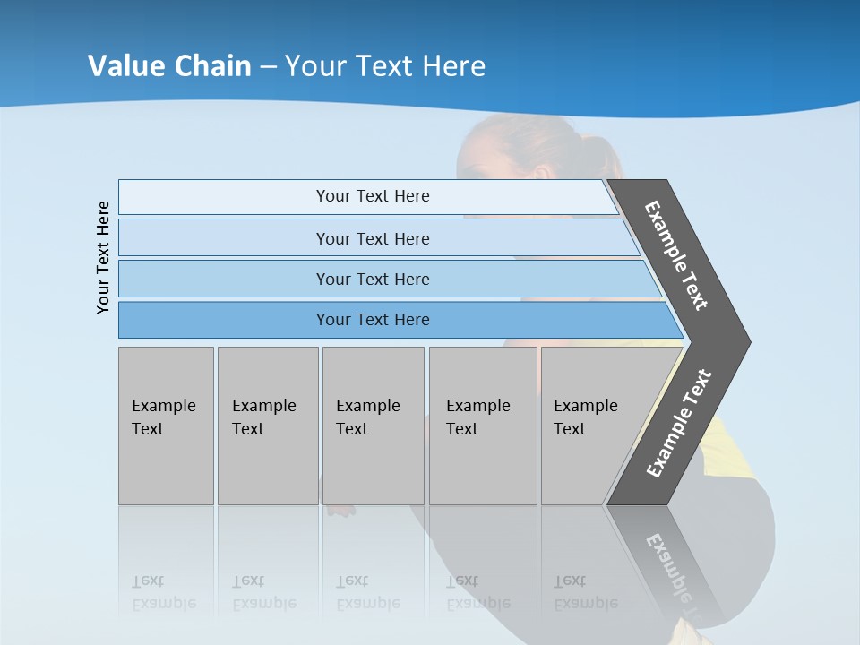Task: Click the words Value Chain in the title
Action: pos(169,66)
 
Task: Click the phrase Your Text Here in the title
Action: pos(385,66)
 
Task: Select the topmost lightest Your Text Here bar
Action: pos(372,196)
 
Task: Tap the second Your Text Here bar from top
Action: pos(372,238)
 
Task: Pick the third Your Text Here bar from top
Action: pos(372,279)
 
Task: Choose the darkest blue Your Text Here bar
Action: pos(372,320)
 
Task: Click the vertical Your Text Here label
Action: pos(103,257)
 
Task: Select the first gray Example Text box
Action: pos(166,426)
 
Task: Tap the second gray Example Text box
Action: pos(267,426)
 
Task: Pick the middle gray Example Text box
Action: pos(373,426)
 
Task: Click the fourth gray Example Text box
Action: pos(483,426)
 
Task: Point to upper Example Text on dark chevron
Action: pos(676,255)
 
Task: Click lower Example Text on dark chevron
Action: pos(679,424)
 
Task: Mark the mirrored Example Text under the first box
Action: pos(163,592)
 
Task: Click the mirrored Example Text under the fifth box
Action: pos(585,592)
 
